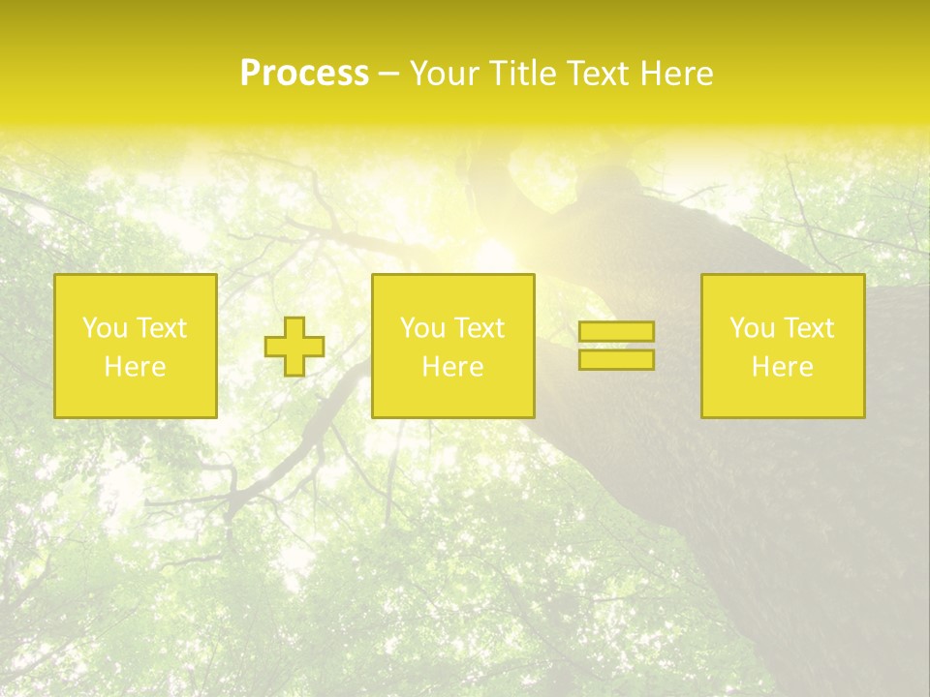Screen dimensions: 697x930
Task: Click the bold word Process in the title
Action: [x=304, y=74]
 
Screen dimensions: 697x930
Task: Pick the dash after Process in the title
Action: [x=388, y=76]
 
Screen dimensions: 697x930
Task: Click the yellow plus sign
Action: [x=294, y=347]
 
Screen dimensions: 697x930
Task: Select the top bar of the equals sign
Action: [x=616, y=331]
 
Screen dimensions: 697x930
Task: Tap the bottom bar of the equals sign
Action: [x=616, y=360]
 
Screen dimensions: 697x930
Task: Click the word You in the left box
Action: [x=105, y=328]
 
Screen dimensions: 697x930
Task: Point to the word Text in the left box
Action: [x=161, y=328]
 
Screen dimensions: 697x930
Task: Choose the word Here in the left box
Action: [x=135, y=367]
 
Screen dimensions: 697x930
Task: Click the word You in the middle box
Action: [x=422, y=328]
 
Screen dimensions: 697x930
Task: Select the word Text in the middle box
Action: [x=479, y=328]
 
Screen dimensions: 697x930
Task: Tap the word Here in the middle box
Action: [x=452, y=367]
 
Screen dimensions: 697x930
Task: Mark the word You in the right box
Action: [x=752, y=328]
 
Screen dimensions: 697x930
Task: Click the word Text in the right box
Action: [x=808, y=328]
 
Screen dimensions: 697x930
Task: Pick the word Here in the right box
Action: [x=782, y=367]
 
